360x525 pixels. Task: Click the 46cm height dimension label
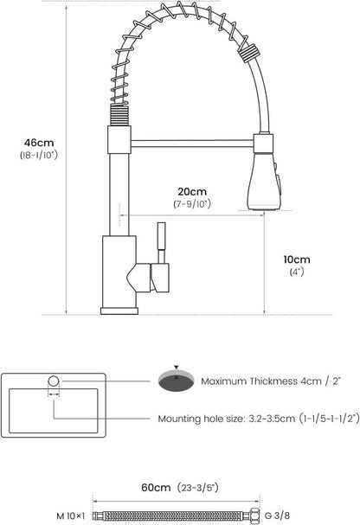click(x=39, y=143)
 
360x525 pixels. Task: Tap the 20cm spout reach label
click(x=192, y=191)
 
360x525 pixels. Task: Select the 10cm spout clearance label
click(x=297, y=259)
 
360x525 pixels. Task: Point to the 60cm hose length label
click(x=156, y=487)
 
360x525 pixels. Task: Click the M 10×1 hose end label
click(x=71, y=516)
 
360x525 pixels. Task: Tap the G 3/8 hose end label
click(x=277, y=515)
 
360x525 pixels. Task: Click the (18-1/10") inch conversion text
click(x=39, y=155)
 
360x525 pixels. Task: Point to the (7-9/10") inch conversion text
click(x=192, y=203)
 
